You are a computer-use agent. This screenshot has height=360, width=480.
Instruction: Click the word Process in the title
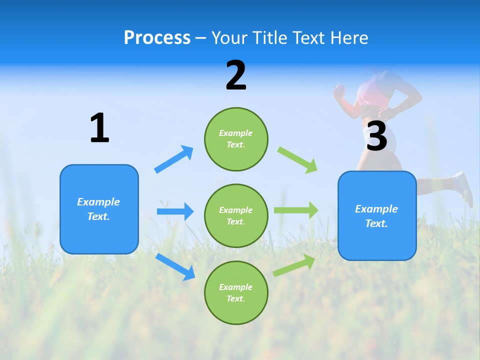pos(157,38)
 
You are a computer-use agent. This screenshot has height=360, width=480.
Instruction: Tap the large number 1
pos(99,128)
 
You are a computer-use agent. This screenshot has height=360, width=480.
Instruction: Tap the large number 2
pos(236,75)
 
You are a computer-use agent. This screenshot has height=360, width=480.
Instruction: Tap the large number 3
pos(376,136)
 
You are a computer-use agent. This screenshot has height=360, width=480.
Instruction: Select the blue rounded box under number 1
pos(99,209)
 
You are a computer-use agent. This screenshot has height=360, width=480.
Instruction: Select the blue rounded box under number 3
pos(376,215)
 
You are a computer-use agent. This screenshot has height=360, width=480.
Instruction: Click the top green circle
pos(236,139)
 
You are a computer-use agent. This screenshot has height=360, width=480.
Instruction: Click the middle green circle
pos(236,215)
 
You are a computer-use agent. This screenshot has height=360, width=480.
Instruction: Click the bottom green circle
pos(236,292)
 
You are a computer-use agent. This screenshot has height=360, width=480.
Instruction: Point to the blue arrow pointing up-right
pos(174,159)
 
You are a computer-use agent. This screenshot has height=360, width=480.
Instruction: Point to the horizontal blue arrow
pos(175,211)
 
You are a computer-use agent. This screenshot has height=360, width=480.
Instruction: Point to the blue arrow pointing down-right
pos(175,266)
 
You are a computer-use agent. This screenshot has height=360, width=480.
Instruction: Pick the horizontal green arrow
pos(296,210)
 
